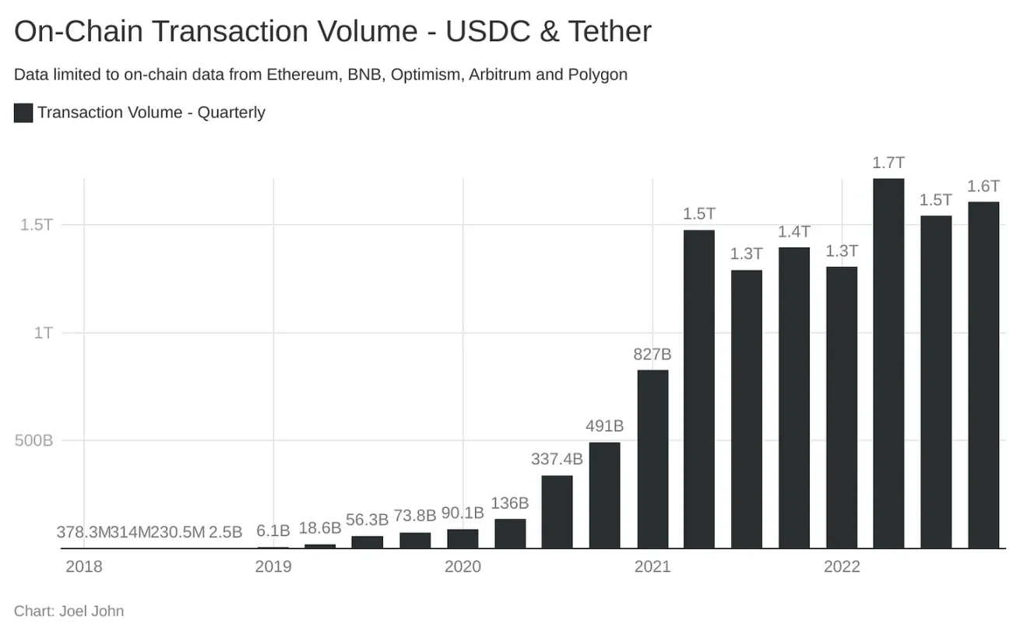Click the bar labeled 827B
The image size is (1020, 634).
click(x=652, y=459)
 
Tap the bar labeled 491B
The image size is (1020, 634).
click(x=605, y=496)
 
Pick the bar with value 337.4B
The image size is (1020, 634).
click(x=557, y=512)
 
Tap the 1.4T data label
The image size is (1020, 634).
click(x=794, y=232)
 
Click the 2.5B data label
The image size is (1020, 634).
click(x=226, y=532)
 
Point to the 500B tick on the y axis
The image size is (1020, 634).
click(x=34, y=440)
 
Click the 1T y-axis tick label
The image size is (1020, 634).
click(x=42, y=332)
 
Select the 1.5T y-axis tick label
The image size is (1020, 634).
click(x=37, y=225)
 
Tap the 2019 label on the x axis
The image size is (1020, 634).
click(x=273, y=566)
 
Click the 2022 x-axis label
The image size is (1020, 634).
click(x=842, y=566)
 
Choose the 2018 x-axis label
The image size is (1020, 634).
click(x=84, y=566)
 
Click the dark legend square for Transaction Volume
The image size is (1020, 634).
click(x=23, y=113)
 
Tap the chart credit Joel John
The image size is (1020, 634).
click(x=92, y=611)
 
